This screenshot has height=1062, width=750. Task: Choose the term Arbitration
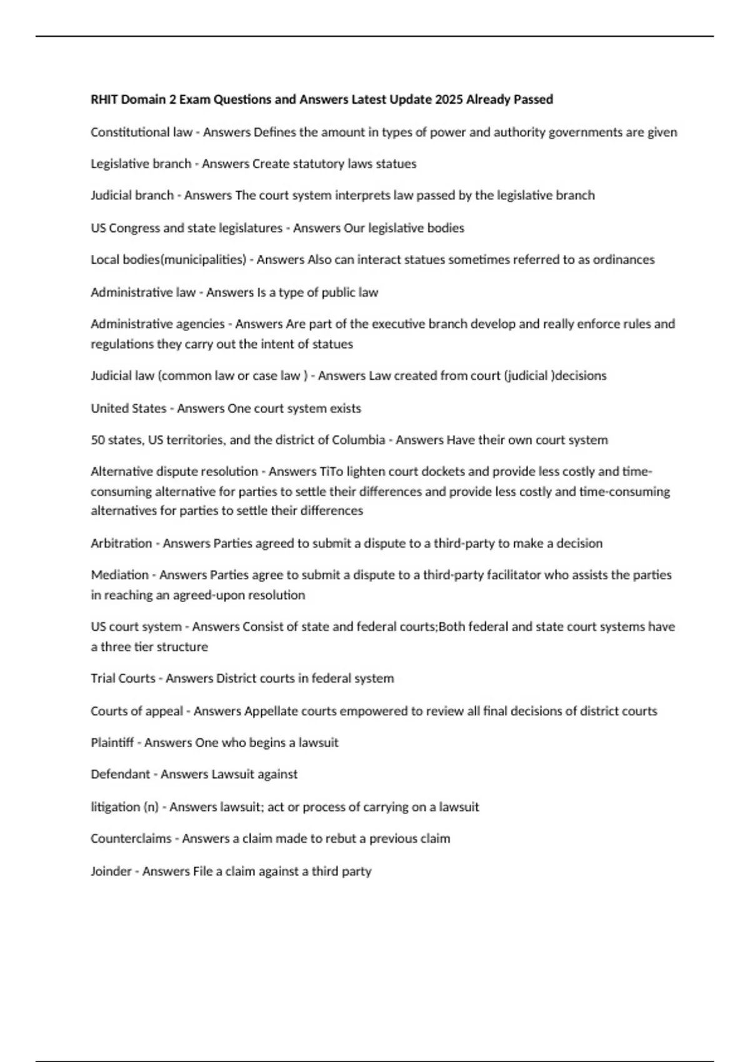pos(121,543)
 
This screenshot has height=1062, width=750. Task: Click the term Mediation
pos(119,575)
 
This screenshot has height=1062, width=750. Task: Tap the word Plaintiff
pos(112,743)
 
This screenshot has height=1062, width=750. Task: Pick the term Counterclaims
pos(131,838)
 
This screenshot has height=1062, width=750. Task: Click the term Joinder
pos(111,871)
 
